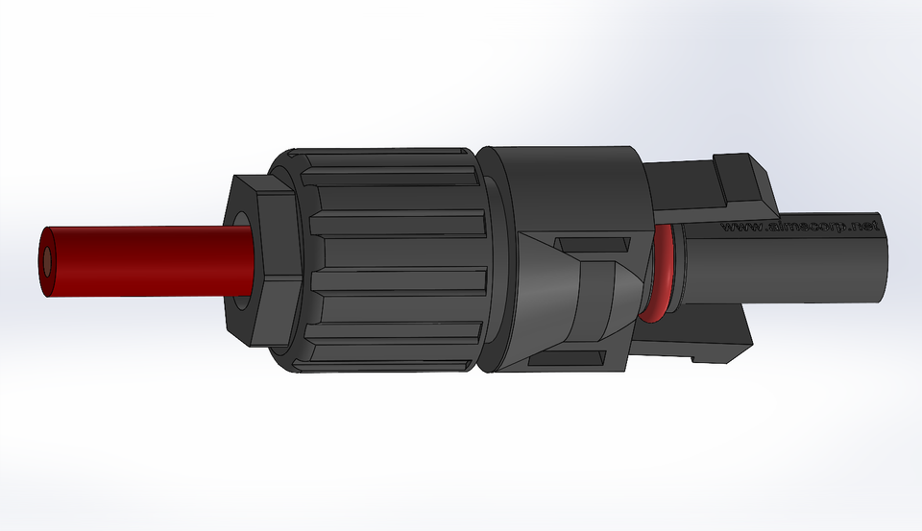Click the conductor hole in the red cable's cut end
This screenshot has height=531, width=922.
48,260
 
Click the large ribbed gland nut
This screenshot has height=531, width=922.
394,259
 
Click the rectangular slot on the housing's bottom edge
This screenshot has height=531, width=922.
567,359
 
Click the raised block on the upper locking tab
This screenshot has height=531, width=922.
744,178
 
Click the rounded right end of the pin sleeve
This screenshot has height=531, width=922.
879,254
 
